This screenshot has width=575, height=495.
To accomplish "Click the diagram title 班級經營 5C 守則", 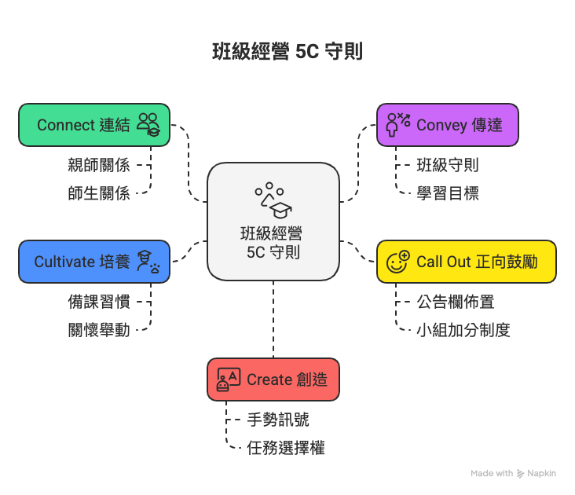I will (287, 53).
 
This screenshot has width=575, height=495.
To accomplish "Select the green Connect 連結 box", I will (94, 125).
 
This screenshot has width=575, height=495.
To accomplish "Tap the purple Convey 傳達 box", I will (447, 125).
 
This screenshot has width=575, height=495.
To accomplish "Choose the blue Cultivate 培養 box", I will (94, 262).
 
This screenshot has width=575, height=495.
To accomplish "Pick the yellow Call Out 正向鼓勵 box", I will (466, 262).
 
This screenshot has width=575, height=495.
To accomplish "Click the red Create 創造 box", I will (273, 379).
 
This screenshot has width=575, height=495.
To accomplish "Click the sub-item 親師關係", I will (98, 165).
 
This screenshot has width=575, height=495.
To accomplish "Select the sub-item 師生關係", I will (98, 192).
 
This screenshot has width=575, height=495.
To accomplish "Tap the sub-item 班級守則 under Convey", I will (448, 165).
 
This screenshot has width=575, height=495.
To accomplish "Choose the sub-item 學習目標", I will (448, 192).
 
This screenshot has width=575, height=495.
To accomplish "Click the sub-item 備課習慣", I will (98, 302).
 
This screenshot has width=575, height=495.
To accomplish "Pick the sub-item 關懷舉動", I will (98, 329).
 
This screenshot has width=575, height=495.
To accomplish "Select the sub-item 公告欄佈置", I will (456, 302).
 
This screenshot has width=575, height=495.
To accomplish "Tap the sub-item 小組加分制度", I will (463, 329).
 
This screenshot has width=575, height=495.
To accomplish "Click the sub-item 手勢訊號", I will (278, 420).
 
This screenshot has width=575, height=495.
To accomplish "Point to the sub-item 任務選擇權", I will (286, 447).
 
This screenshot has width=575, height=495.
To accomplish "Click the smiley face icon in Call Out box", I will (398, 262).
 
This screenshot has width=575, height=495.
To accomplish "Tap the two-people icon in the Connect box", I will (148, 124).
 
